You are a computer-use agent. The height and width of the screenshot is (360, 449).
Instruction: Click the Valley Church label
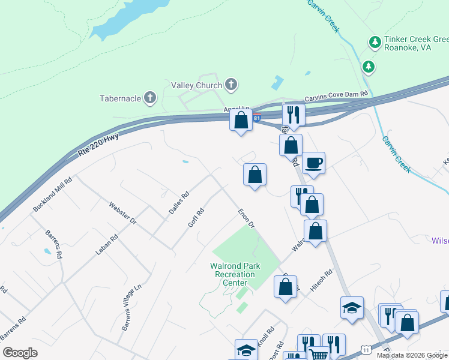tap(196, 85)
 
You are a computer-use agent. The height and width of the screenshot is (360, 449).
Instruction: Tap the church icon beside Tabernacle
tap(150, 97)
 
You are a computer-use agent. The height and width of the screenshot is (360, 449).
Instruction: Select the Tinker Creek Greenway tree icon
tap(375, 42)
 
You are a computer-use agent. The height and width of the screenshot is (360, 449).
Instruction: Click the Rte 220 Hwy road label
tap(98, 146)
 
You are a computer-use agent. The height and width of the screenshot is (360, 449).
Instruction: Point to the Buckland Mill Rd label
tap(53, 193)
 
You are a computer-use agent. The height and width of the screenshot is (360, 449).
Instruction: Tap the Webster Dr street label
tap(123, 213)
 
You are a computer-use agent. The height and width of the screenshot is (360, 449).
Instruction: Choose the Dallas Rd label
tap(179, 203)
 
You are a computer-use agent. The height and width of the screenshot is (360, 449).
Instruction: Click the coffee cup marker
tap(313, 162)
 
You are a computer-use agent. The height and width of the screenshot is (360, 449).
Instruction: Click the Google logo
tap(20, 353)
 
